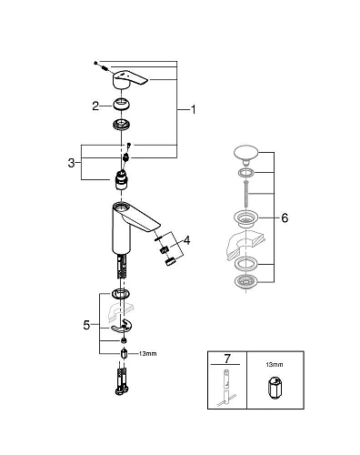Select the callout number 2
[x=95, y=106]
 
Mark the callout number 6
[x=284, y=218]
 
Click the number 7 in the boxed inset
[x=224, y=360]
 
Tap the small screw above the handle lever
[x=95, y=64]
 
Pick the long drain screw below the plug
[x=246, y=195]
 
